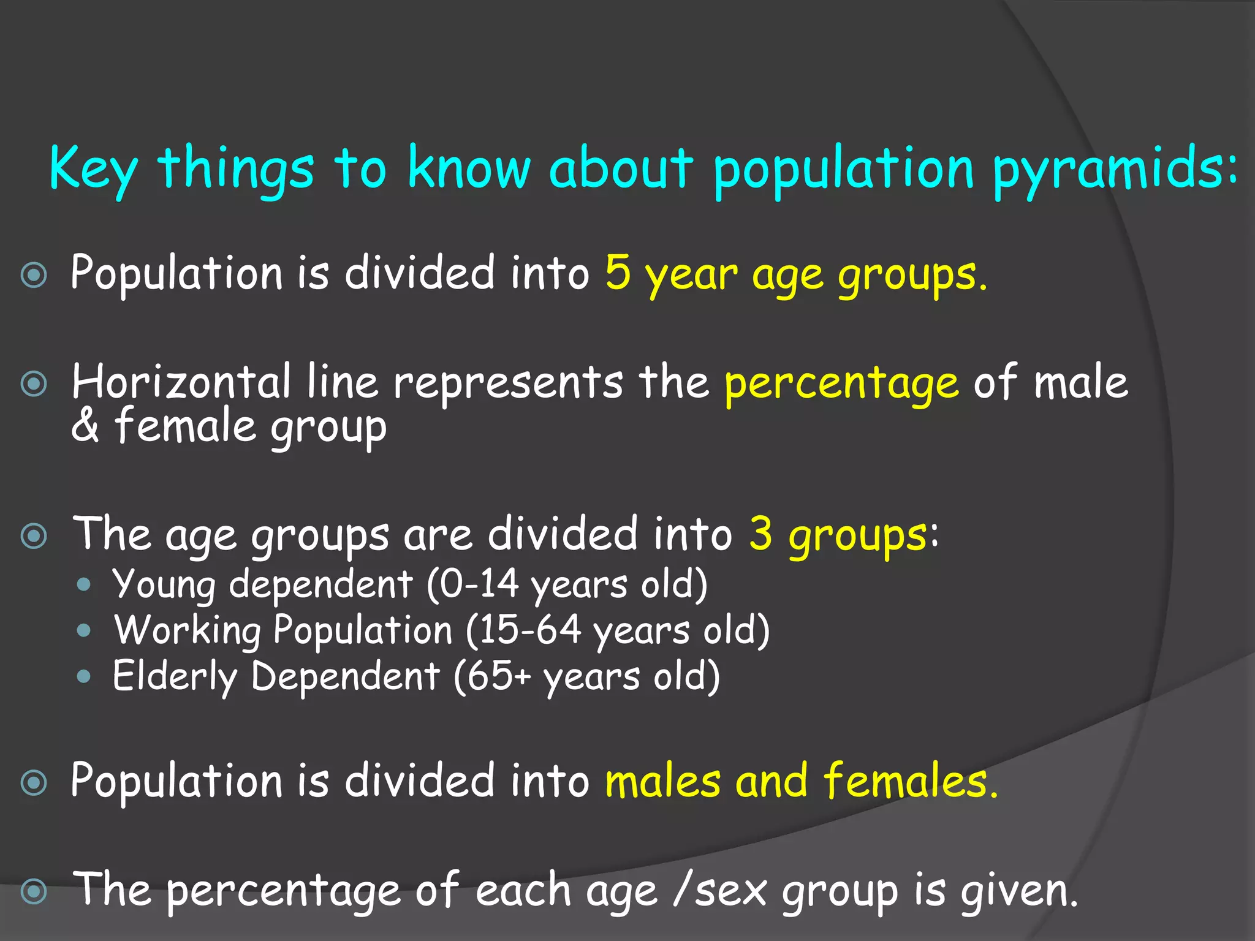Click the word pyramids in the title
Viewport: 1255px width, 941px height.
point(1112,170)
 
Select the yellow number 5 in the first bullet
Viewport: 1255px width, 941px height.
point(618,273)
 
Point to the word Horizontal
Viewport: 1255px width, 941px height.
point(181,382)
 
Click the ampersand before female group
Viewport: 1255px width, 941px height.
point(85,425)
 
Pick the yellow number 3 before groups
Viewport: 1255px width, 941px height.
point(760,533)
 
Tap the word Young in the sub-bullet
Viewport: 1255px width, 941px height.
point(164,585)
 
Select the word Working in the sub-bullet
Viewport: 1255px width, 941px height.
point(188,630)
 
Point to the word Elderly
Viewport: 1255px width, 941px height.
point(175,677)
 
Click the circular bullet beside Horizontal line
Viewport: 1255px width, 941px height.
point(34,384)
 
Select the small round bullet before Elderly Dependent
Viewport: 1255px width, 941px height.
point(85,677)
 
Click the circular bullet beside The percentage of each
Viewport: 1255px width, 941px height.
point(34,891)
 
